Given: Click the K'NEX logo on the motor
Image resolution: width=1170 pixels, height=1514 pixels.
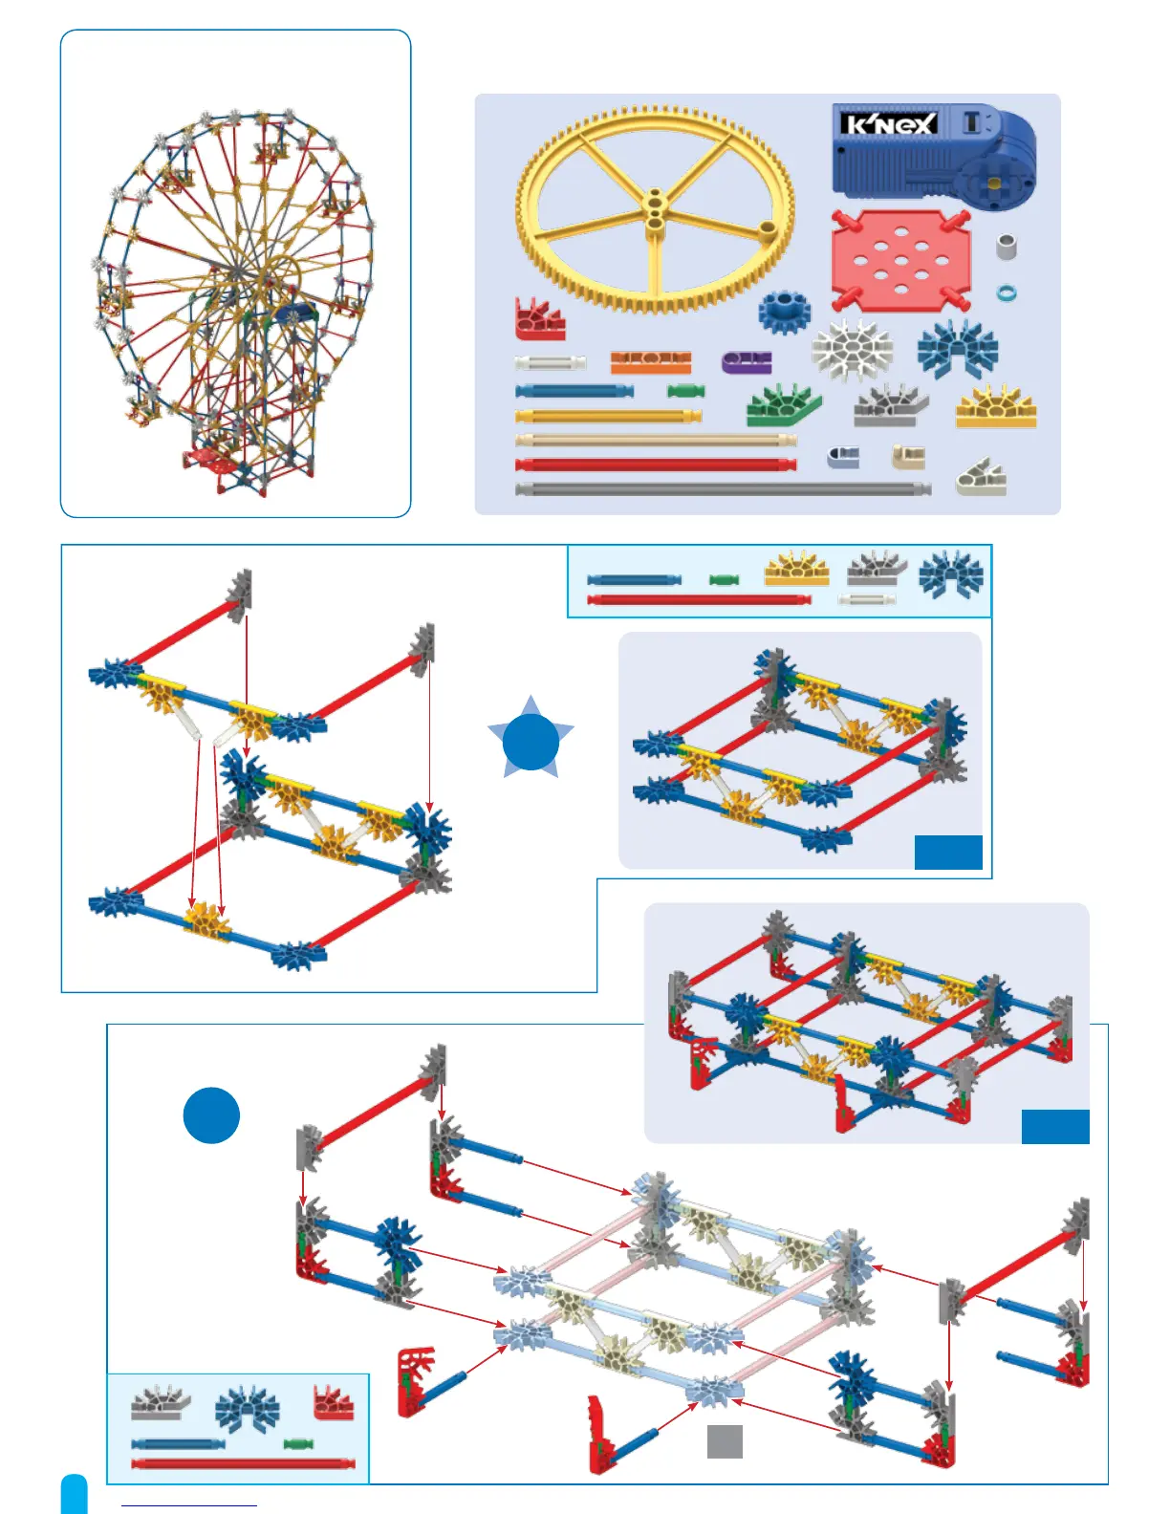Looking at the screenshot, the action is click(x=888, y=124).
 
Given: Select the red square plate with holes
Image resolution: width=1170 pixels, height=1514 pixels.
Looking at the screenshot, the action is click(x=899, y=260).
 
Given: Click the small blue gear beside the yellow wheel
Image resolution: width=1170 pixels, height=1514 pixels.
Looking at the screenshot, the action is click(x=784, y=311).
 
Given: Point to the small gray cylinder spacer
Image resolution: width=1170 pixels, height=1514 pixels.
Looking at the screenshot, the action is click(x=1007, y=247).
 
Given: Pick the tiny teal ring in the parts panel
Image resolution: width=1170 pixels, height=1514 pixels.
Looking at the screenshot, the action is click(x=1006, y=292).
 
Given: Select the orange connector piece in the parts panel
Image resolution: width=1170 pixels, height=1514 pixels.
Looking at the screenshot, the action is click(x=650, y=361).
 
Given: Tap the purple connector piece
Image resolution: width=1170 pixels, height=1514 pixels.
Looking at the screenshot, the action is click(x=746, y=362).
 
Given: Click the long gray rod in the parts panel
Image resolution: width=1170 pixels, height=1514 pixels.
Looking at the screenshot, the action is click(x=723, y=489).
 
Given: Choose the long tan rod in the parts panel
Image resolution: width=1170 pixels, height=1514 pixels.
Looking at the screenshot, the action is click(x=656, y=441).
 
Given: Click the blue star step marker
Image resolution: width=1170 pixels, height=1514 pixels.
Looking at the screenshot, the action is click(x=531, y=739).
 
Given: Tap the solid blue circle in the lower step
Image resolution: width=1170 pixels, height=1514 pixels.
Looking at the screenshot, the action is click(x=211, y=1115).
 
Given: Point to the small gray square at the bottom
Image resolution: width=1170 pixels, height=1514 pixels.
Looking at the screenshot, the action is click(x=725, y=1441).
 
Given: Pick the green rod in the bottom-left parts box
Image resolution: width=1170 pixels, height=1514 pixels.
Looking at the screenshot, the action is click(x=299, y=1443).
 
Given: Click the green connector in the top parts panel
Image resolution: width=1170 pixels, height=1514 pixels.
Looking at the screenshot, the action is click(x=783, y=405).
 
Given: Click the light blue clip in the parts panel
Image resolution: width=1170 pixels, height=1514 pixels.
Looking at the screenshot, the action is click(x=842, y=458).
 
